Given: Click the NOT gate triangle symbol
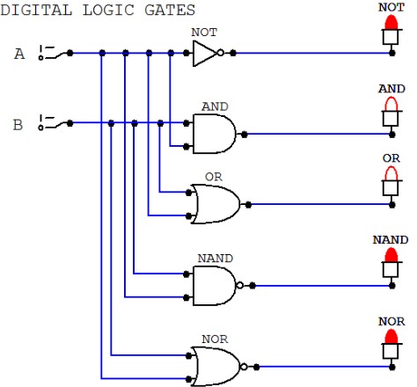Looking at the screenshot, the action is coord(205,54).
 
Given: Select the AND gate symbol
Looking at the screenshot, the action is coord(214,134).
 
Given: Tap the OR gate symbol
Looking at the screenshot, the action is coord(216,204).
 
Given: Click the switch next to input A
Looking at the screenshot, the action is coord(53,53).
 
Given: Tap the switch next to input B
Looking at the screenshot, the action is coord(53,122).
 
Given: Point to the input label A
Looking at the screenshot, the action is coord(19,54).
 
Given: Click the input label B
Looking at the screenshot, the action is coord(18,125).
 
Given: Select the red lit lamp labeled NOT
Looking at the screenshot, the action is coord(391,30).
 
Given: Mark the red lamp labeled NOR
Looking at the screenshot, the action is coord(391,344).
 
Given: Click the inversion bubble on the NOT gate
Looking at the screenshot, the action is coord(221,53).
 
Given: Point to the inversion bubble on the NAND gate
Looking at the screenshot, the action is coord(239,285).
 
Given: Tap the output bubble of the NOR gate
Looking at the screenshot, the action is coord(244,367).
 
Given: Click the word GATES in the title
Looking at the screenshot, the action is coord(170,10).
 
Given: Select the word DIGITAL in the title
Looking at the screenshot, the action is coord(36,10).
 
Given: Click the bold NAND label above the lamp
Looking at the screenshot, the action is coord(391,240).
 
